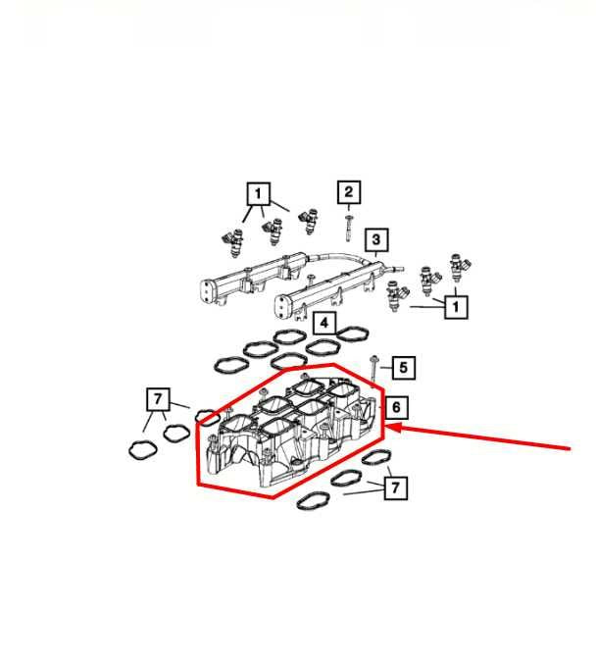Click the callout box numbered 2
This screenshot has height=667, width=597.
click(x=349, y=192)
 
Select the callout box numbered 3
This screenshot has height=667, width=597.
click(x=376, y=239)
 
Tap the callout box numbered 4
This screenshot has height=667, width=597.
click(x=324, y=323)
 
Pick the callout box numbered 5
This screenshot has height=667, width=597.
click(x=403, y=367)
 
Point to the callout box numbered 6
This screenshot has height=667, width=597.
click(x=396, y=407)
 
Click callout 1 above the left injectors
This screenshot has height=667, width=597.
click(x=259, y=194)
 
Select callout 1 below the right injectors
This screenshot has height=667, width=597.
click(x=456, y=307)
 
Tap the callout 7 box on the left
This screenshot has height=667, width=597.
click(x=158, y=399)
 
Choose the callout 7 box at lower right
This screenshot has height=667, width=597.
click(x=395, y=487)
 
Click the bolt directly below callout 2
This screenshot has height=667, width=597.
click(x=349, y=229)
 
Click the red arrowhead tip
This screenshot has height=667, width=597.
click(x=386, y=428)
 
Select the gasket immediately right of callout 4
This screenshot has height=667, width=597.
click(x=353, y=333)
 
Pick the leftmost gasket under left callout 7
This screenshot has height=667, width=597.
click(x=143, y=449)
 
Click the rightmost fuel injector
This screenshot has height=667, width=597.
click(x=459, y=267)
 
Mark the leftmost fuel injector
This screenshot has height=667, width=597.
click(x=233, y=242)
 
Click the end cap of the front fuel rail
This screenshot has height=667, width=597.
click(x=281, y=307)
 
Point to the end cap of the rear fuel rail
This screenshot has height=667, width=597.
click(x=208, y=290)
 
